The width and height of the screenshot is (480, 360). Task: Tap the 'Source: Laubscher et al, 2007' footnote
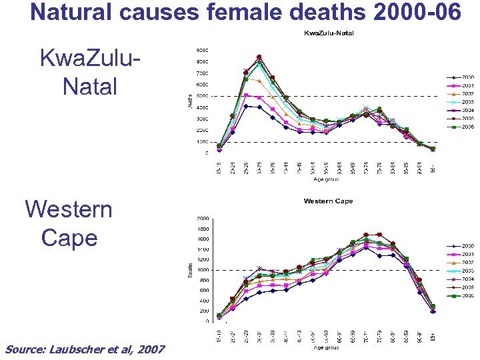85,349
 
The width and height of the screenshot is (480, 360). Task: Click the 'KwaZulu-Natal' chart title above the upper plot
329,33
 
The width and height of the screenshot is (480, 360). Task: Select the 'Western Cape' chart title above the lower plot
328,201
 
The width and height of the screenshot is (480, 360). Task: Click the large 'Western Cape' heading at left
69,223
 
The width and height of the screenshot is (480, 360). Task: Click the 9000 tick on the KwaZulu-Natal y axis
201,50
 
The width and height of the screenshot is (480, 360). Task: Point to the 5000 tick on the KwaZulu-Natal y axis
201,96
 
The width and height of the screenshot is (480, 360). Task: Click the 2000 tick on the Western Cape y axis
201,218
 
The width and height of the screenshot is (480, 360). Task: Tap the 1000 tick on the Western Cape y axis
201,269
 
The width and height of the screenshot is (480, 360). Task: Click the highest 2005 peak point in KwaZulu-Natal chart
259,57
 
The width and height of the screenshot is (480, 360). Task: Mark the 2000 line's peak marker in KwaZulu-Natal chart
246,106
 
